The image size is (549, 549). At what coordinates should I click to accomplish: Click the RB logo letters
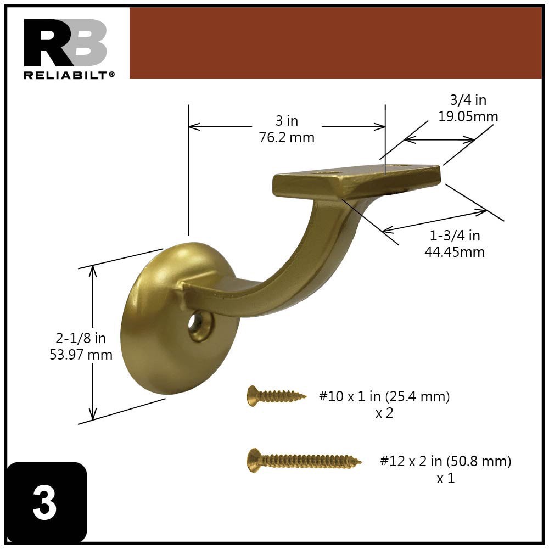[65, 43]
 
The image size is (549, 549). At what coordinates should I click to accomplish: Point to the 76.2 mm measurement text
[287, 137]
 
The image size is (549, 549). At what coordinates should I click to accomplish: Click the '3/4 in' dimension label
[468, 100]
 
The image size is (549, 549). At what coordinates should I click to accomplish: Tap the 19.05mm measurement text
[468, 116]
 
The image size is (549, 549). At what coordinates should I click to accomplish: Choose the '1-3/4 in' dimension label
[455, 236]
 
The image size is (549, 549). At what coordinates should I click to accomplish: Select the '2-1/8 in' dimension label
[81, 338]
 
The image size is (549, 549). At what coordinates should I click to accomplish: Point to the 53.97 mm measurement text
[81, 355]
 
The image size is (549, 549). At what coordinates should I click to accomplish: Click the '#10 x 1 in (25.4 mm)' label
[384, 396]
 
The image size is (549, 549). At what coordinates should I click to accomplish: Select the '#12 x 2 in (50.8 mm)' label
[445, 461]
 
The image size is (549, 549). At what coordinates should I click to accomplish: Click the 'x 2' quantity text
[384, 413]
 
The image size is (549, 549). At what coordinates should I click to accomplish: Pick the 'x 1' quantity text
[445, 478]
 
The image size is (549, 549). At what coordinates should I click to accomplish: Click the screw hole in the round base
[199, 325]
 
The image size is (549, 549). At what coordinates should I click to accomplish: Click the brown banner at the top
[335, 43]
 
